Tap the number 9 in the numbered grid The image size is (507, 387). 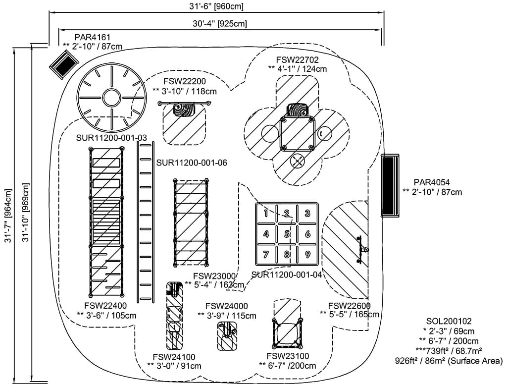307,255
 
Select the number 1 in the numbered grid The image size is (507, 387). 266,214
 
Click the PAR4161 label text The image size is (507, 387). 93,37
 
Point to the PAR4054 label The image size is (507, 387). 433,182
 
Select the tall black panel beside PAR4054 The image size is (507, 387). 390,185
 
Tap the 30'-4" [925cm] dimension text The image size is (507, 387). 220,23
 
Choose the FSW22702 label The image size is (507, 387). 297,59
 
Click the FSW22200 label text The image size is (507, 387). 185,81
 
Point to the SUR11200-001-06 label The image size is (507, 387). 192,163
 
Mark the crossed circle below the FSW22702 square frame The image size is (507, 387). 297,161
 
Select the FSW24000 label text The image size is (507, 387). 226,306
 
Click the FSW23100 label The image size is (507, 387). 287,356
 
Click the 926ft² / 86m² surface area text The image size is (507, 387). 449,360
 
